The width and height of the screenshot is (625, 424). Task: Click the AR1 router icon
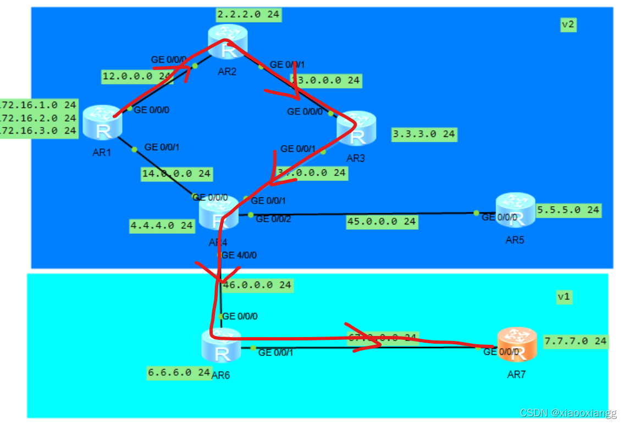click(102, 122)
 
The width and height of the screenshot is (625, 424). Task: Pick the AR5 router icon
click(515, 210)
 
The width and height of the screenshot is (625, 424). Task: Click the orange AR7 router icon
click(516, 345)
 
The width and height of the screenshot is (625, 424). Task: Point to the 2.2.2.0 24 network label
click(248, 15)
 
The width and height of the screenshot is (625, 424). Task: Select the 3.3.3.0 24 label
click(424, 134)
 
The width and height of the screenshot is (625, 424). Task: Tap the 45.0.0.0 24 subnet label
click(381, 222)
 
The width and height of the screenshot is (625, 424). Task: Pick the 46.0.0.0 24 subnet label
click(257, 285)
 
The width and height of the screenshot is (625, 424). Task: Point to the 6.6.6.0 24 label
click(179, 372)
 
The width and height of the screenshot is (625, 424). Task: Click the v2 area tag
click(568, 24)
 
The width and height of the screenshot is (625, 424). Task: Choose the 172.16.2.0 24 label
click(38, 118)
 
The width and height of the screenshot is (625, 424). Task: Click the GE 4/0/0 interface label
click(239, 255)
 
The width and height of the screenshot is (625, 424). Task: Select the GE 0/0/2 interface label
click(273, 219)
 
